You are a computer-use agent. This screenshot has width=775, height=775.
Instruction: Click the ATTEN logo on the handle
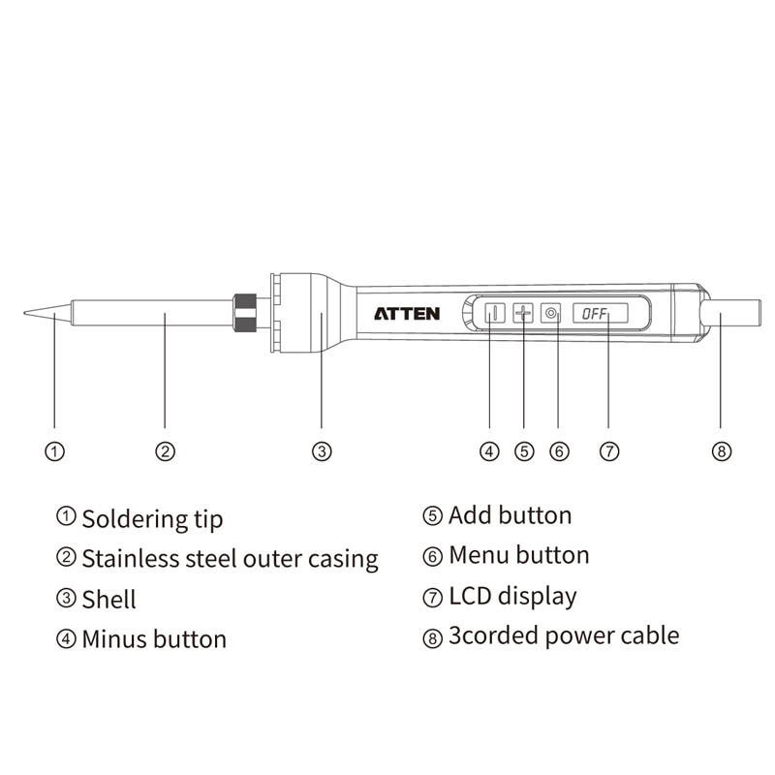point(407,314)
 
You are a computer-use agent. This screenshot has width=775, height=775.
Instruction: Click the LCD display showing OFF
point(600,314)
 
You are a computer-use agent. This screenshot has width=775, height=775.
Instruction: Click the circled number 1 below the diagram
point(55,451)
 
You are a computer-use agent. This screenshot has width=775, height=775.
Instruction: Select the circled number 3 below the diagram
point(322,451)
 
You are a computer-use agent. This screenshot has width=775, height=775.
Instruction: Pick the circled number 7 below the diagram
point(608,451)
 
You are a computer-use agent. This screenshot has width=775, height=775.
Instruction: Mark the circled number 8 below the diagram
point(721,451)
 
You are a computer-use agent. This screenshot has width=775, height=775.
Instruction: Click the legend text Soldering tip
point(152,519)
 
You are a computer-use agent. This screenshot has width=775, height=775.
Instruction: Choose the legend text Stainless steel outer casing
point(230,559)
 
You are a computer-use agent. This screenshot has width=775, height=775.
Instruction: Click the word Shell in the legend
point(108,599)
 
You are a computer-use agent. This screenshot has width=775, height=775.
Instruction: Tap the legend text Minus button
point(154,639)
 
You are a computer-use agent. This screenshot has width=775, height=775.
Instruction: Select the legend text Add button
point(510,515)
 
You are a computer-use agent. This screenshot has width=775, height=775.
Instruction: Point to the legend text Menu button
point(518,555)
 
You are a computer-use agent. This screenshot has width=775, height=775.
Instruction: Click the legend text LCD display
point(512,596)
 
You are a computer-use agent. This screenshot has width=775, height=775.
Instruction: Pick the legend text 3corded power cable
point(563,635)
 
